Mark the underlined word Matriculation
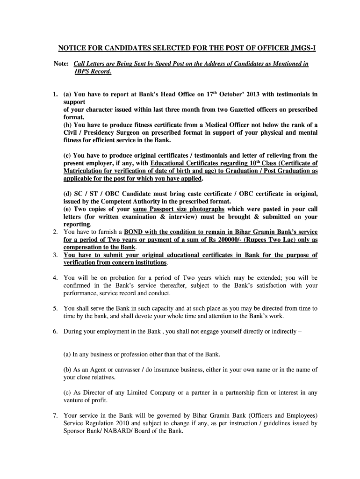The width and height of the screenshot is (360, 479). [87, 171]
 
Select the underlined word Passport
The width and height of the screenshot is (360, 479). [161, 209]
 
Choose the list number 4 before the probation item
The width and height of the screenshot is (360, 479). [55, 278]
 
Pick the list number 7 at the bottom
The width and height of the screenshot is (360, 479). [55, 415]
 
